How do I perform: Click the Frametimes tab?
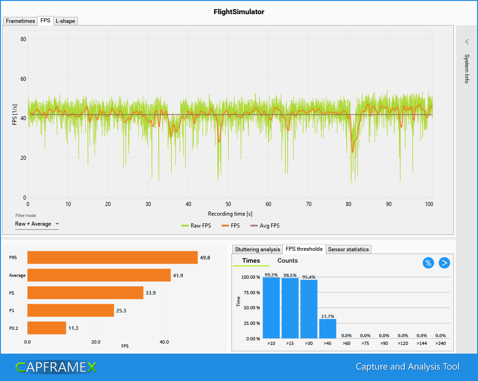pos(20,21)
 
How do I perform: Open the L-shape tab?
pos(65,21)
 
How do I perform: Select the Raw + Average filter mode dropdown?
pos(37,224)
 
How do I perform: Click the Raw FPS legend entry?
pos(197,226)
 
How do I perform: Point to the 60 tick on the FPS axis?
pos(23,79)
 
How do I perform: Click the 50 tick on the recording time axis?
pos(228,204)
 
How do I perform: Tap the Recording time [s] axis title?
pos(230,214)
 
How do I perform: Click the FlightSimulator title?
pos(239,12)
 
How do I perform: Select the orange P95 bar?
pos(113,258)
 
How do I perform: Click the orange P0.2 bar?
pos(47,328)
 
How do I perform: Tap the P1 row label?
pos(12,311)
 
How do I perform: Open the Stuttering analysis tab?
pos(257,249)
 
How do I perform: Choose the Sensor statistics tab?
pos(348,249)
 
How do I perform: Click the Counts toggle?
pos(287,261)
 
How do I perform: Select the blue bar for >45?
pos(328,328)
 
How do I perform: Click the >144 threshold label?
pos(422,344)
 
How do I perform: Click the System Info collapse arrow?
pos(467,42)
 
